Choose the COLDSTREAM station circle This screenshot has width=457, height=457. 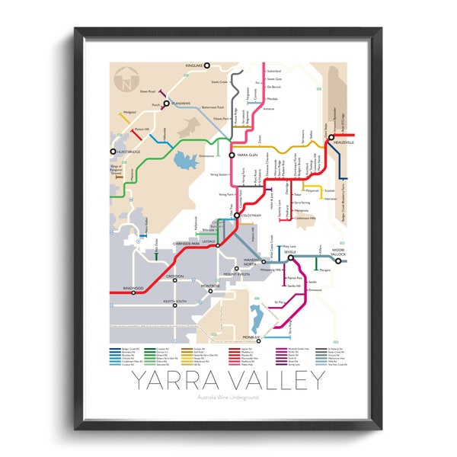click(x=237, y=216)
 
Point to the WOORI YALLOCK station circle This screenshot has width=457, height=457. click(x=338, y=260)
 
